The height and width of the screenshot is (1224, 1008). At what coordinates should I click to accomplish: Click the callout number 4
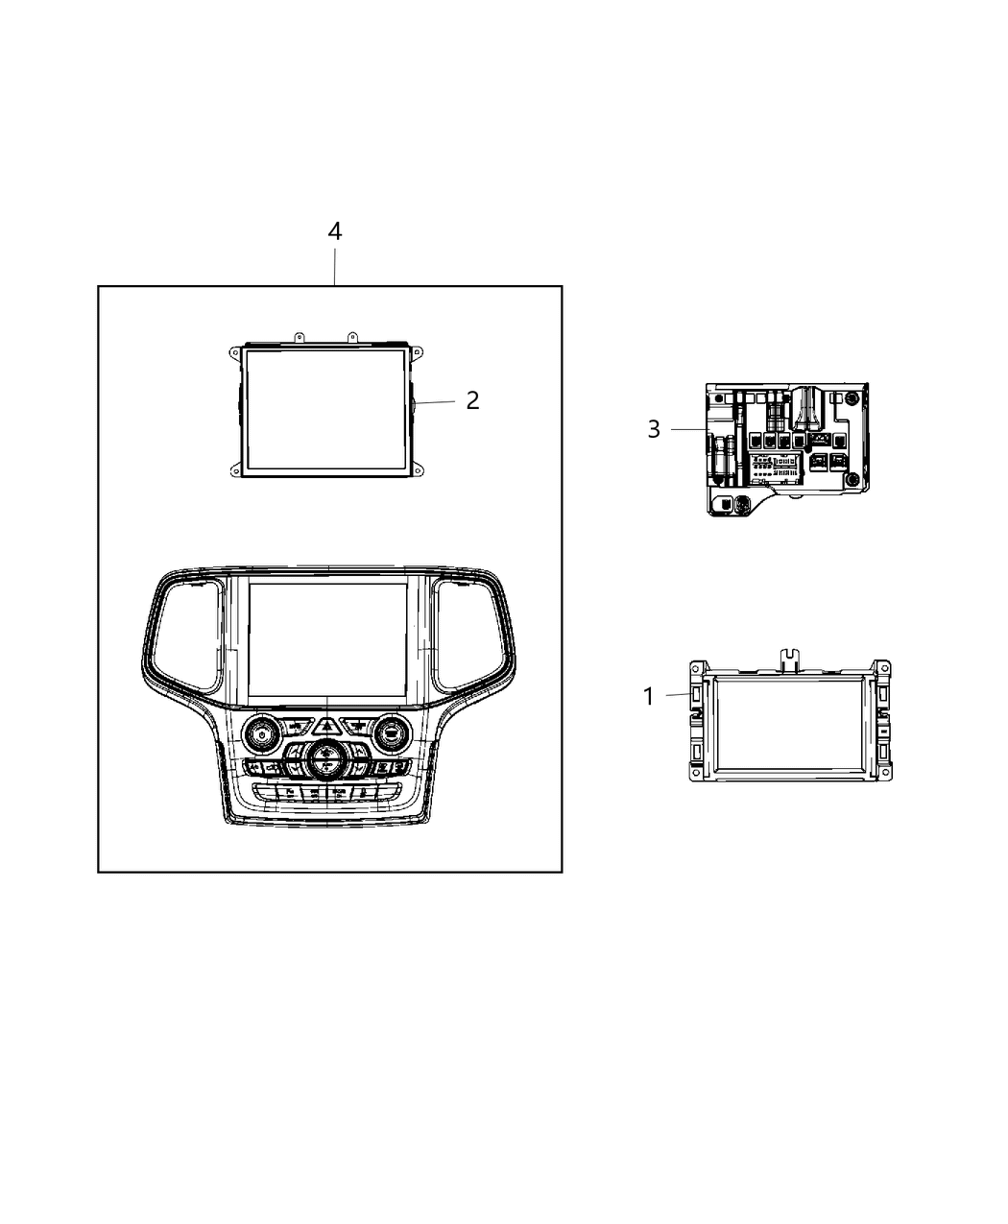334,231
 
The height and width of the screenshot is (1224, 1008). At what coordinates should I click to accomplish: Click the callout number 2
472,400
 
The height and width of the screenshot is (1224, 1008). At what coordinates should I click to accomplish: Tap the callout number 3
654,429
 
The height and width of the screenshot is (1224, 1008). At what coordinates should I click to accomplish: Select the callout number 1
649,696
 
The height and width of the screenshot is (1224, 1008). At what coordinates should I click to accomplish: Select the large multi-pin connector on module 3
779,468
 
